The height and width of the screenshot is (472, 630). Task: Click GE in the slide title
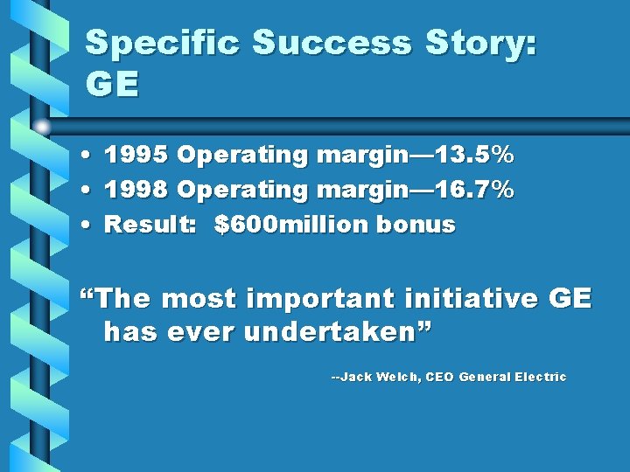(113, 85)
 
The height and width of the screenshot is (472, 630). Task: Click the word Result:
(151, 225)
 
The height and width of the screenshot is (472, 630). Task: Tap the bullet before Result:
(90, 226)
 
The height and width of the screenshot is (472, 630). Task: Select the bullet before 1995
(90, 156)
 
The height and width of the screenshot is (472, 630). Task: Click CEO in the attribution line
(439, 378)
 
